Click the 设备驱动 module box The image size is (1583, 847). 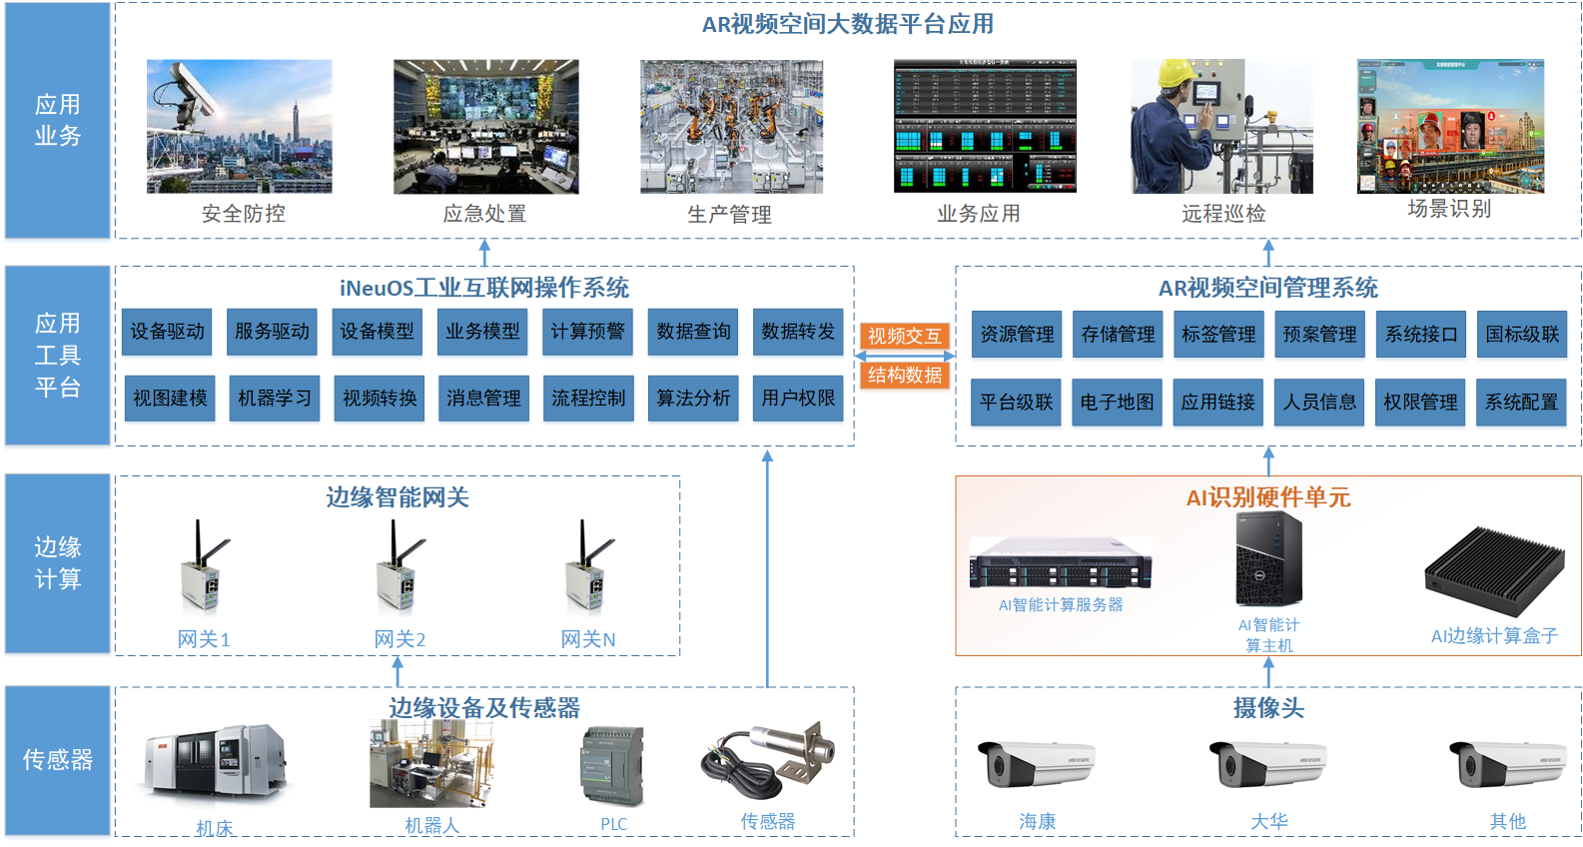[x=167, y=332]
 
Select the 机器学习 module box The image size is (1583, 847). [x=274, y=398]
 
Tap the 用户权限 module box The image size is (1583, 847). [x=798, y=398]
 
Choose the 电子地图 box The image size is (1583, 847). [x=1117, y=402]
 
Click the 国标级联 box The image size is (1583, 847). [x=1522, y=334]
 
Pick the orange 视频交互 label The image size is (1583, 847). [x=904, y=337]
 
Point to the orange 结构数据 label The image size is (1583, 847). [x=904, y=376]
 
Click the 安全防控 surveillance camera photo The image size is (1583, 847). [x=240, y=126]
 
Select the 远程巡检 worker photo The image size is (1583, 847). [x=1221, y=126]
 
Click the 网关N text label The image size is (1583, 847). [x=587, y=639]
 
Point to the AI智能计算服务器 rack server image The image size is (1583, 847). [x=1061, y=564]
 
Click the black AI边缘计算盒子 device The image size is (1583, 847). [x=1493, y=571]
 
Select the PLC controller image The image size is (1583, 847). [x=612, y=765]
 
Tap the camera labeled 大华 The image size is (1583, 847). [x=1268, y=764]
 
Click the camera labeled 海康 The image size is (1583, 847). [x=1036, y=764]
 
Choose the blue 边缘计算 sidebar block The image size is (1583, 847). [x=58, y=563]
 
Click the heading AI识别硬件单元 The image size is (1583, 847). [x=1267, y=497]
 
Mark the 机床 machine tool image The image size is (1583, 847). [x=215, y=761]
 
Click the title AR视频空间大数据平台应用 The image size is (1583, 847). [x=847, y=24]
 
